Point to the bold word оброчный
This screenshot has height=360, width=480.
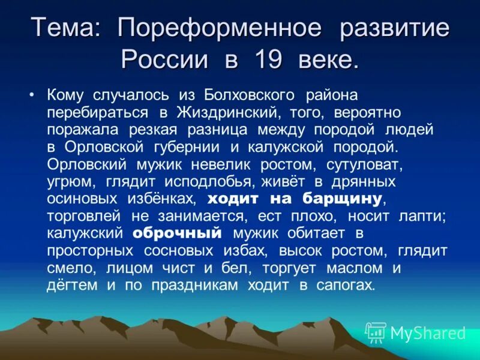[178, 233]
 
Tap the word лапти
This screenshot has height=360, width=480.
[421, 216]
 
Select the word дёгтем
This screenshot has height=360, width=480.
[71, 285]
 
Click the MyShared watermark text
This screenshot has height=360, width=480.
[428, 332]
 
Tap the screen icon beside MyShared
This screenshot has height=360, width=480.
[376, 332]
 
